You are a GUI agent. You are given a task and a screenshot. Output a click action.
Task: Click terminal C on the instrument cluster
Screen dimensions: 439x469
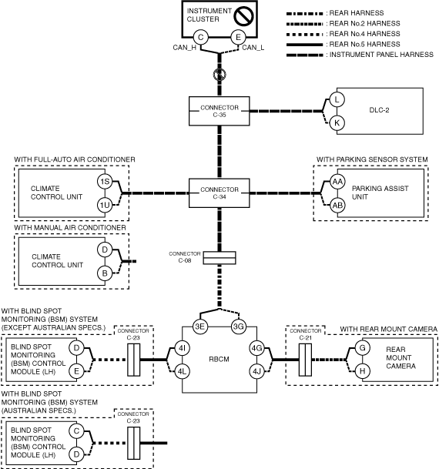201,38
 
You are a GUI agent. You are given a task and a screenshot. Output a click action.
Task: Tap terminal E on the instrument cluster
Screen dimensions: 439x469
238,38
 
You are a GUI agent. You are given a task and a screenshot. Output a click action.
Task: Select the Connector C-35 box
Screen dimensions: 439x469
219,111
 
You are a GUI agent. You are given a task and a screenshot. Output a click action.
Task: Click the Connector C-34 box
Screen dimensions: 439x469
219,193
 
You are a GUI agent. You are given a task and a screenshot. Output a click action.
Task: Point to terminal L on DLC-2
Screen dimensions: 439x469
337,99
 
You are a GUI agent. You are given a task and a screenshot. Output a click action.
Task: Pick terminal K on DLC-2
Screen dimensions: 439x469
337,123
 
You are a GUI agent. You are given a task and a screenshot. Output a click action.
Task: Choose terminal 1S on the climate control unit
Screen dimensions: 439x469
105,182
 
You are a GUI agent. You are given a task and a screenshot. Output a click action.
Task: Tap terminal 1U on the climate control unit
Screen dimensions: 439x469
105,205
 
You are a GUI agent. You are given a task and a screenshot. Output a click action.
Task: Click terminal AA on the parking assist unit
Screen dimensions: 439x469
337,182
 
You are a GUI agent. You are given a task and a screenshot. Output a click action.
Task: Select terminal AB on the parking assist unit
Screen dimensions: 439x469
337,206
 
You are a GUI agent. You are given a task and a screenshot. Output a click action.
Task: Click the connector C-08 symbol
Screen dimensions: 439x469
219,258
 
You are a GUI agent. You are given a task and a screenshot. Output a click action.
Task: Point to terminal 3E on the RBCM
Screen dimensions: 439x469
199,327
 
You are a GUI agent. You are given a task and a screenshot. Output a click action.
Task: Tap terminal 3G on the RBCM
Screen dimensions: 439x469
238,327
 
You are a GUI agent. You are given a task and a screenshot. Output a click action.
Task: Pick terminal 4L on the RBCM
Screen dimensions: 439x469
182,371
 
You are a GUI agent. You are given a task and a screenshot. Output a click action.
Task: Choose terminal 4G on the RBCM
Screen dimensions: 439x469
257,348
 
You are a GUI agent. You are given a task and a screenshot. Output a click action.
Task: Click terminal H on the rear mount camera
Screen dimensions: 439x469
363,371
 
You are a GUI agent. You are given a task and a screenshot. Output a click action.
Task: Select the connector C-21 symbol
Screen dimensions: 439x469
305,360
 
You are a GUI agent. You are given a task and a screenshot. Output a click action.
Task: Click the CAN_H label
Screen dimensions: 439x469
185,48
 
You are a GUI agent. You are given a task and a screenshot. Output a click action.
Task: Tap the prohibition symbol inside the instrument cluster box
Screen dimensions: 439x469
244,16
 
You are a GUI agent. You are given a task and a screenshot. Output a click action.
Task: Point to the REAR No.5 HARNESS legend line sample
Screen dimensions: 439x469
304,45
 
